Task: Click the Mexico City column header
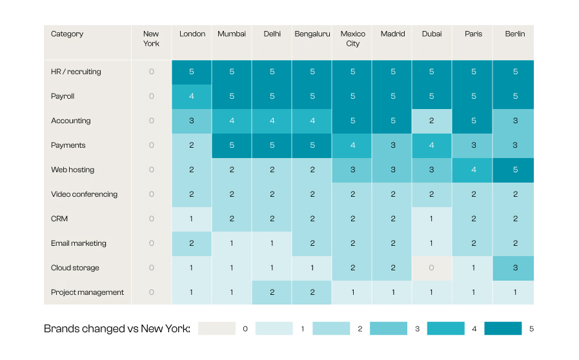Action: tap(352, 39)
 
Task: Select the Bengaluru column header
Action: tap(312, 34)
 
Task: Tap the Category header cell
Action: tap(67, 34)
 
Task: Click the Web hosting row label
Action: tap(72, 170)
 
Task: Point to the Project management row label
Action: tap(87, 292)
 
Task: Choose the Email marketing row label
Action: tap(78, 243)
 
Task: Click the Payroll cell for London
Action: tap(191, 96)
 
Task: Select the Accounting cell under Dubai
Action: tap(432, 121)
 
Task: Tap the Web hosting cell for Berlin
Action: tap(513, 170)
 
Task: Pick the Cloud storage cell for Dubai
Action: tap(432, 268)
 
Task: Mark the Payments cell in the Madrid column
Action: tap(392, 145)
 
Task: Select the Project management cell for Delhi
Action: tap(272, 292)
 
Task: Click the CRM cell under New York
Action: tap(152, 219)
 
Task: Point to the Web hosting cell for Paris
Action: tap(472, 170)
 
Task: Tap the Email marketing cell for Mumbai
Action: tap(232, 244)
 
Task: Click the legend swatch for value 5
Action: tap(503, 328)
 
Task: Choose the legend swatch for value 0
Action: tap(217, 328)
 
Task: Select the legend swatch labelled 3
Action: tap(389, 328)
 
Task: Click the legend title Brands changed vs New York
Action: tap(117, 328)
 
